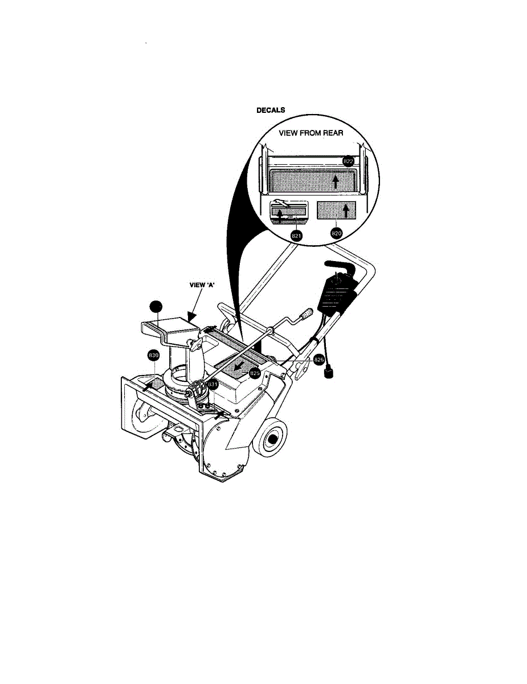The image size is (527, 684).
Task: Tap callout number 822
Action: coord(349,162)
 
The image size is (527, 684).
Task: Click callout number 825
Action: coord(255,374)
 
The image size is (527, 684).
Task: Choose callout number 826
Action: coord(319,360)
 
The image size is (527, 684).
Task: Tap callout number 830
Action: coord(153,356)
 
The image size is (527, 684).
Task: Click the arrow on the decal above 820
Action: coord(345,211)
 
